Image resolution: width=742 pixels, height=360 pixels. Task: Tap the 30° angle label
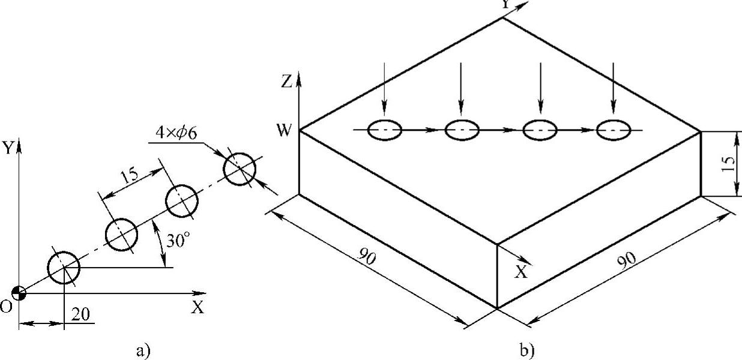tap(179, 240)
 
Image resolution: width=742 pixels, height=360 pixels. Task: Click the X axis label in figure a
tap(198, 307)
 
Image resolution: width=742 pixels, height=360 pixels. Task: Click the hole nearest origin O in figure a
tap(63, 268)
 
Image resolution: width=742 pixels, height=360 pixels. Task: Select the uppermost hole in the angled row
tap(240, 169)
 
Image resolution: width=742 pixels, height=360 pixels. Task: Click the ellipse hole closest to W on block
tap(384, 130)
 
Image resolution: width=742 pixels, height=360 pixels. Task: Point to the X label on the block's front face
tap(521, 272)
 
